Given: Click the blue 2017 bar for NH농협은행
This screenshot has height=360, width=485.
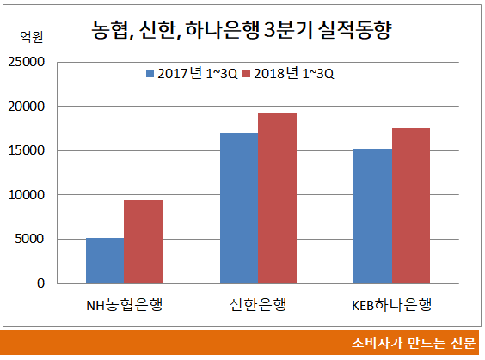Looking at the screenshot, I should pyautogui.click(x=105, y=260).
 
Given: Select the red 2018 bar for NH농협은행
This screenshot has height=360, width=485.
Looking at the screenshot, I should pyautogui.click(x=143, y=241).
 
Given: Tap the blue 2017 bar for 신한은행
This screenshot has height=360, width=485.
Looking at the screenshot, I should pyautogui.click(x=238, y=208).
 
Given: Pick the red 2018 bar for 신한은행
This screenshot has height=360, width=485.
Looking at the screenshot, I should pyautogui.click(x=276, y=198).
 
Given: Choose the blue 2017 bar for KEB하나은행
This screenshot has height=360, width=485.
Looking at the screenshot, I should pyautogui.click(x=372, y=217).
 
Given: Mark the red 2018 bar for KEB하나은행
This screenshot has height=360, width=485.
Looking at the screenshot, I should pyautogui.click(x=410, y=205).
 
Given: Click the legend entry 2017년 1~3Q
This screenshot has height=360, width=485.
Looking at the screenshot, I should pyautogui.click(x=193, y=73).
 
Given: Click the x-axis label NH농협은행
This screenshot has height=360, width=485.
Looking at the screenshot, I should pyautogui.click(x=124, y=305).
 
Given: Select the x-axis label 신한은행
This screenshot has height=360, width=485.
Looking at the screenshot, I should pyautogui.click(x=257, y=305).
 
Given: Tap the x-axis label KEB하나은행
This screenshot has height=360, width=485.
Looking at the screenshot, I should pyautogui.click(x=391, y=305).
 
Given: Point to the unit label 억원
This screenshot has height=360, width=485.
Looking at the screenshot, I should pyautogui.click(x=31, y=37).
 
